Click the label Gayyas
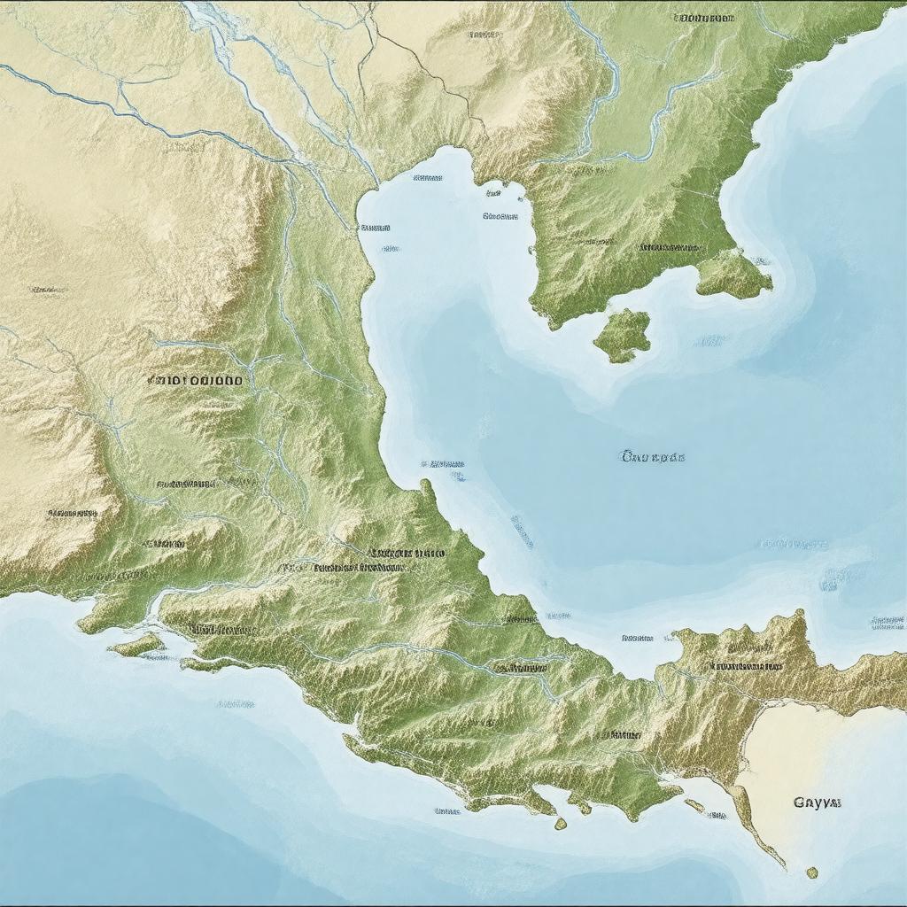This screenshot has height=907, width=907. click(x=817, y=802)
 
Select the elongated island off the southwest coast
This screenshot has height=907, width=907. click(x=137, y=645)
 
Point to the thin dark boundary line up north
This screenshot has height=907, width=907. click(x=416, y=62)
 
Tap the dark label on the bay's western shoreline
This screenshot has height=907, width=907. click(x=376, y=228)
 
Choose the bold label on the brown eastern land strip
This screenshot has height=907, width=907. click(x=744, y=664)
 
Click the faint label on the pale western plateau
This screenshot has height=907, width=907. click(x=49, y=290)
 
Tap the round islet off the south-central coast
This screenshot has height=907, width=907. click(x=560, y=824)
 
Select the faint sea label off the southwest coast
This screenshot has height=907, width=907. click(x=235, y=704)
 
